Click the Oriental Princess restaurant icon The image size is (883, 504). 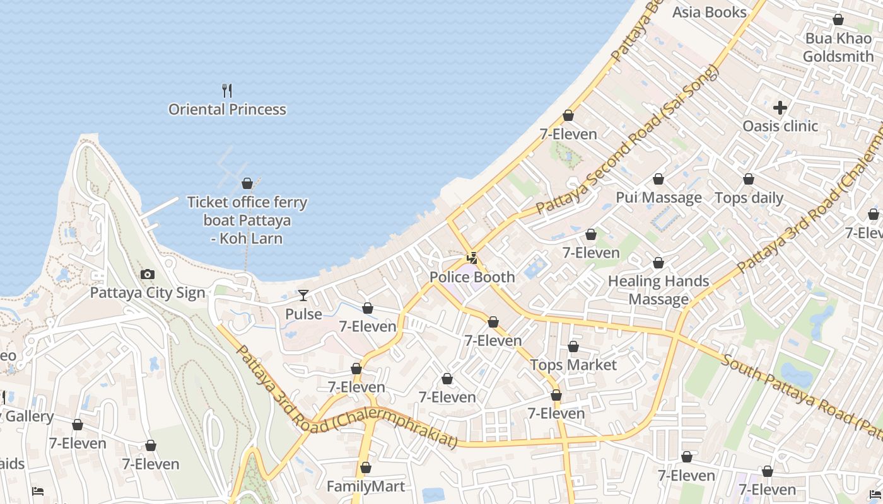tap(227, 91)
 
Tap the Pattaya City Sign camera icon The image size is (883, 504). tap(148, 274)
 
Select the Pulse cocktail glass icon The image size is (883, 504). tap(303, 295)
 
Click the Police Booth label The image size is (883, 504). tap(472, 277)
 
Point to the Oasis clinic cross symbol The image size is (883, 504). tap(780, 108)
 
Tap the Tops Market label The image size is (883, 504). tap(573, 365)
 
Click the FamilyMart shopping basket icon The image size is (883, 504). tap(366, 467)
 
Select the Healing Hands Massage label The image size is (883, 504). tap(658, 290)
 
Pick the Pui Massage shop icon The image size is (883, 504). tap(658, 179)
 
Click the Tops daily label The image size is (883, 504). tap(749, 198)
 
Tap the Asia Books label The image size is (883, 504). tap(709, 12)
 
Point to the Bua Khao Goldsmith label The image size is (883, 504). tap(838, 47)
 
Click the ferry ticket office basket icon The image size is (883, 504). tap(247, 183)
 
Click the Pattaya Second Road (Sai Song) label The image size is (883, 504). tap(627, 140)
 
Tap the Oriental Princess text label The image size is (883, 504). tap(227, 110)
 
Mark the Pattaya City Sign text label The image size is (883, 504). tap(148, 293)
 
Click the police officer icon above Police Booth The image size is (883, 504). tap(472, 258)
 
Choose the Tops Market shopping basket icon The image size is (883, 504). tap(573, 346)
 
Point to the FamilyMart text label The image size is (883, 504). tap(366, 486)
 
